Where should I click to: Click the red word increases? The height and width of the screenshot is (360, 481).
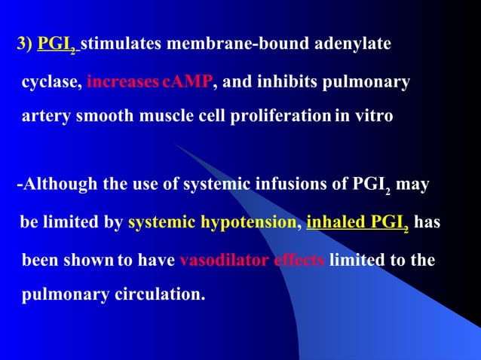pos(122,81)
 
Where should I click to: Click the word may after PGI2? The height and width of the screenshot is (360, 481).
pos(412,185)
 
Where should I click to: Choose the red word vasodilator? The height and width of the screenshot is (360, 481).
pos(217,261)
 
